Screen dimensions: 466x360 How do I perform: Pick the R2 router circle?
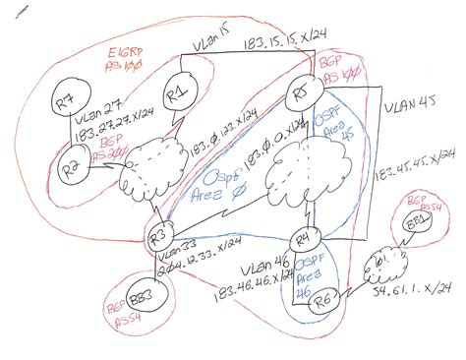tap(71, 168)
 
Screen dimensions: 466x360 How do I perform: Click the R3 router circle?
tap(162, 236)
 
